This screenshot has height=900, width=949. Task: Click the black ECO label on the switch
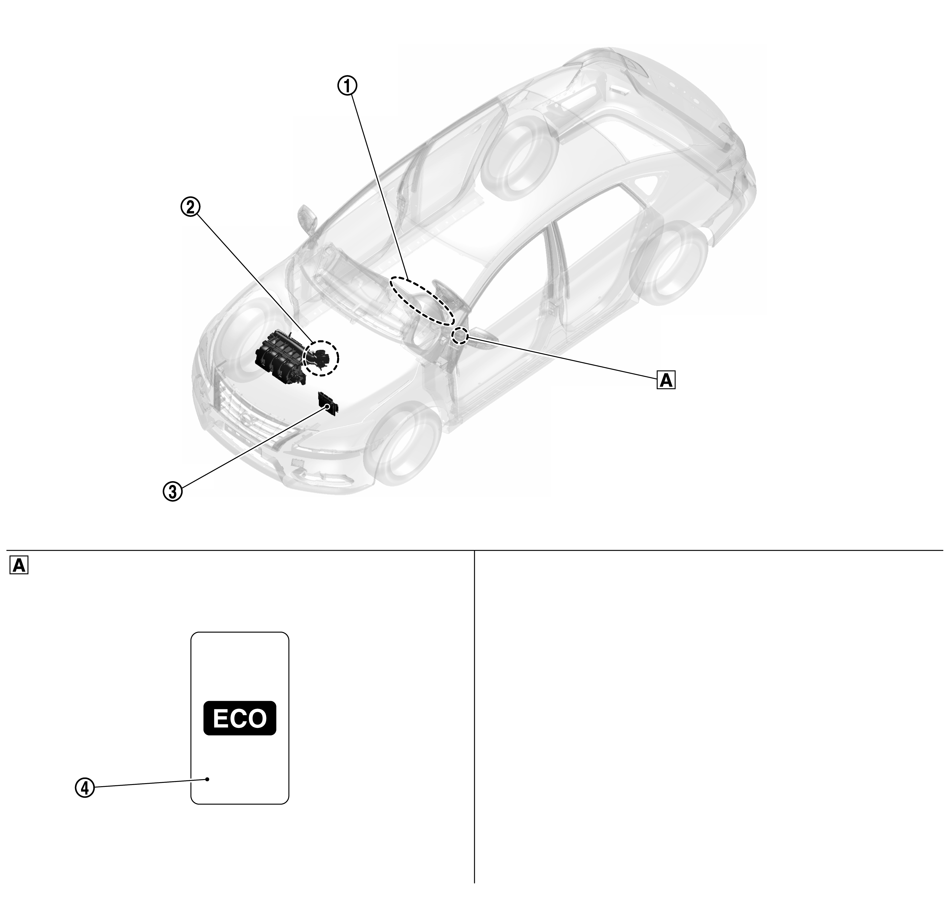point(240,718)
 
